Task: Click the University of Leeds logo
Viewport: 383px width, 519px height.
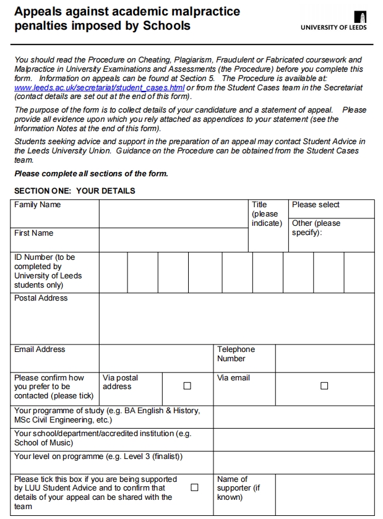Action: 334,20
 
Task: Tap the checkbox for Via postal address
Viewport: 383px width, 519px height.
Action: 187,386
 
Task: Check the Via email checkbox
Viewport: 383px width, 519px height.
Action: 324,386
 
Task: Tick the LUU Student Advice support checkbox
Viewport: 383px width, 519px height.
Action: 194,487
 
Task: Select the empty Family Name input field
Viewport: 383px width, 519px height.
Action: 173,213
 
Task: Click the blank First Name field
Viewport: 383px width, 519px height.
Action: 173,239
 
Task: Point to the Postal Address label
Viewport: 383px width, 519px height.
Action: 41,298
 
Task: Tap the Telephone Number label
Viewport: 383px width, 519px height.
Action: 236,354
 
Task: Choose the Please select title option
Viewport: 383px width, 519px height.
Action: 316,205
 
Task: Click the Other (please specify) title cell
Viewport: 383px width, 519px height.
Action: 316,228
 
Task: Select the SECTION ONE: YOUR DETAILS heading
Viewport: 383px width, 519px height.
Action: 75,191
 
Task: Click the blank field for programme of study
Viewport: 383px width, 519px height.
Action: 294,415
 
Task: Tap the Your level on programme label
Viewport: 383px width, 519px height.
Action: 98,457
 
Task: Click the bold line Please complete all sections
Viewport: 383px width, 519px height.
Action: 91,173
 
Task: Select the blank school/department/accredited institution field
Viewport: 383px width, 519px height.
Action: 294,439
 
